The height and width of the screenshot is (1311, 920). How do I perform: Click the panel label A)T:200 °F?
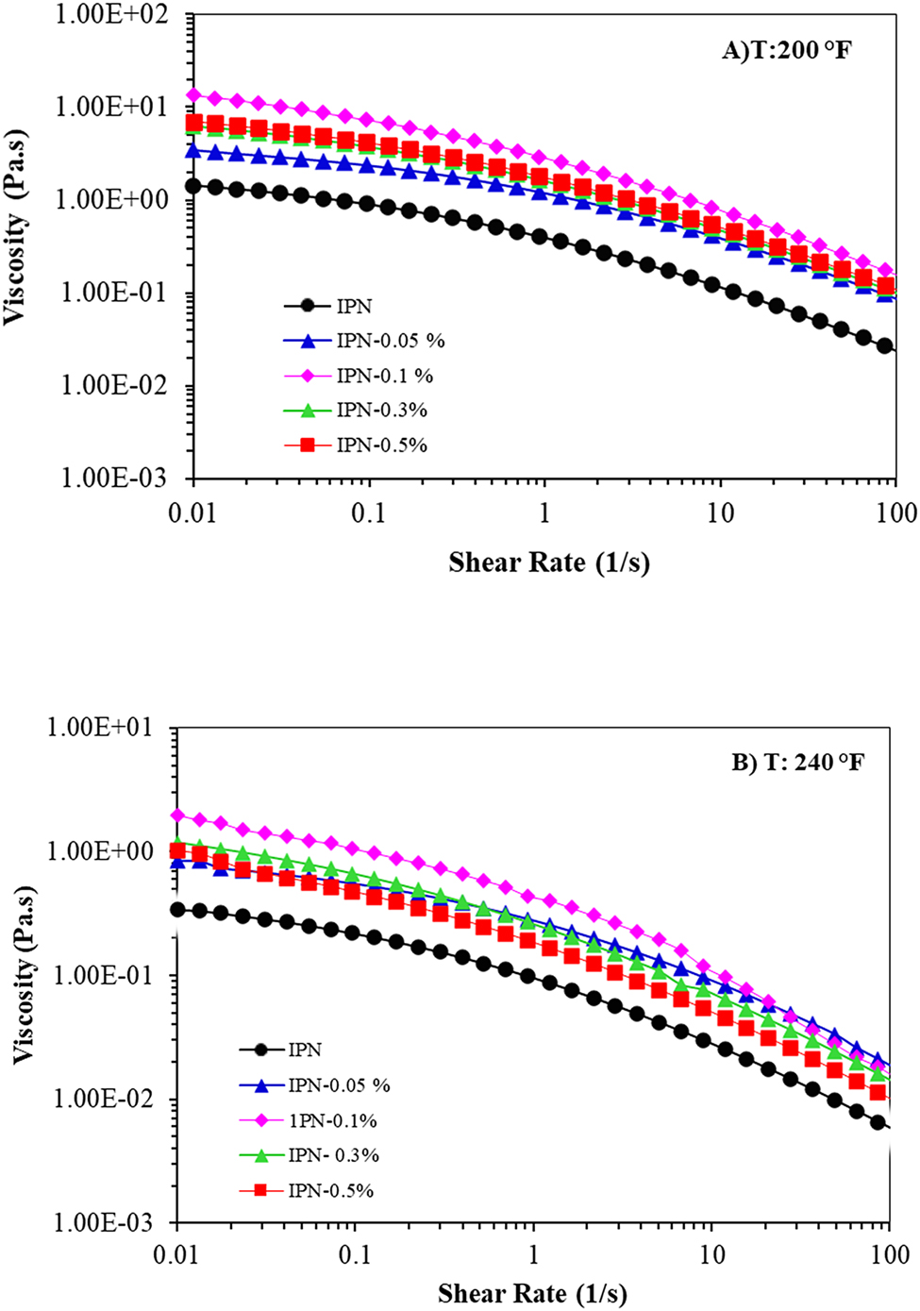click(786, 50)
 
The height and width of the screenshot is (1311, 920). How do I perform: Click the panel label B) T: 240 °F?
click(796, 763)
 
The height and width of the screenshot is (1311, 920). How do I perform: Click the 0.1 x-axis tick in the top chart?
click(368, 513)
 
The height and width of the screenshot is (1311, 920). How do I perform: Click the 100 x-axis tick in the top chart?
click(895, 513)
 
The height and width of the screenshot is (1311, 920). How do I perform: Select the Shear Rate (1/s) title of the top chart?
click(549, 563)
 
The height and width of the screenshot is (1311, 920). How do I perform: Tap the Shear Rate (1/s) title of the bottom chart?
click(532, 1293)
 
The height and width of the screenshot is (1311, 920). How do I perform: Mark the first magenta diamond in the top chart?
click(193, 95)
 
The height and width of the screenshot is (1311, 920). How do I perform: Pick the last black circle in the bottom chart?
click(877, 1122)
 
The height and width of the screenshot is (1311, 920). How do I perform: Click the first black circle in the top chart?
click(193, 186)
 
